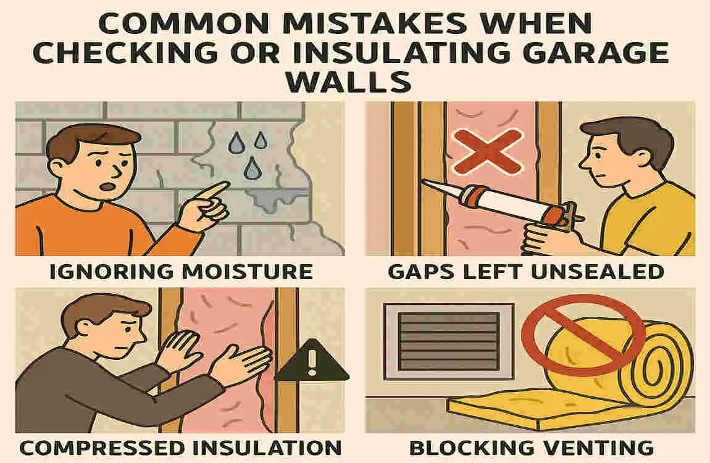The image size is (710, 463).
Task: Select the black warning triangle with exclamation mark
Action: point(311,362)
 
